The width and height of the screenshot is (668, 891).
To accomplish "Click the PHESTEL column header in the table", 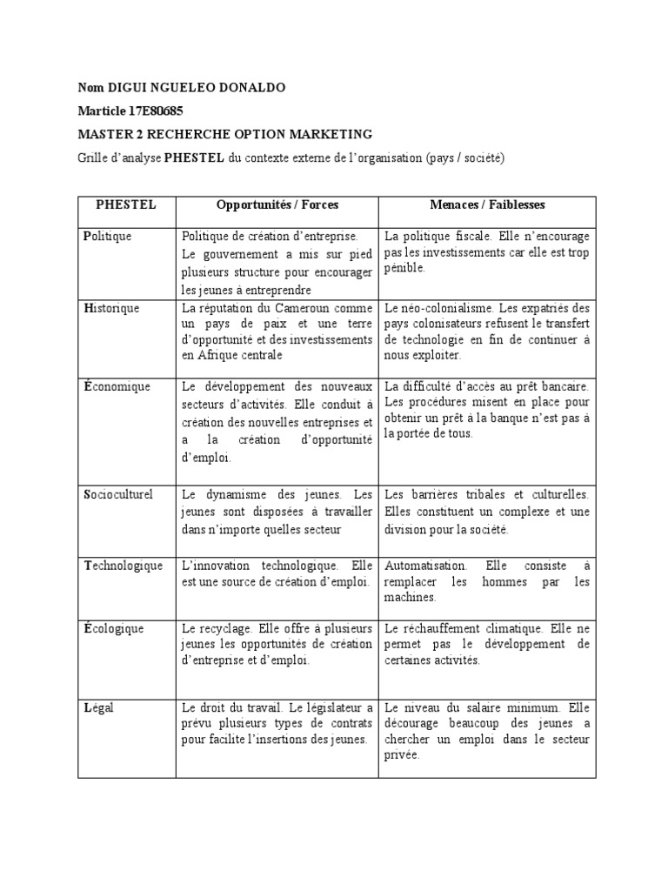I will (x=126, y=205).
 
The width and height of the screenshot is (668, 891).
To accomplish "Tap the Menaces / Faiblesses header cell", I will (x=487, y=205).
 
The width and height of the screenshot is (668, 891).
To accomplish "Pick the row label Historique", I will (x=111, y=308).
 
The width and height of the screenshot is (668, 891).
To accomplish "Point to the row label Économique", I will (x=117, y=386).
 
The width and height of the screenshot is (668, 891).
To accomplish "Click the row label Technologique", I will (x=124, y=566).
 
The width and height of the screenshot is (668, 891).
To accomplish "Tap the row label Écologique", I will (x=114, y=628).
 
